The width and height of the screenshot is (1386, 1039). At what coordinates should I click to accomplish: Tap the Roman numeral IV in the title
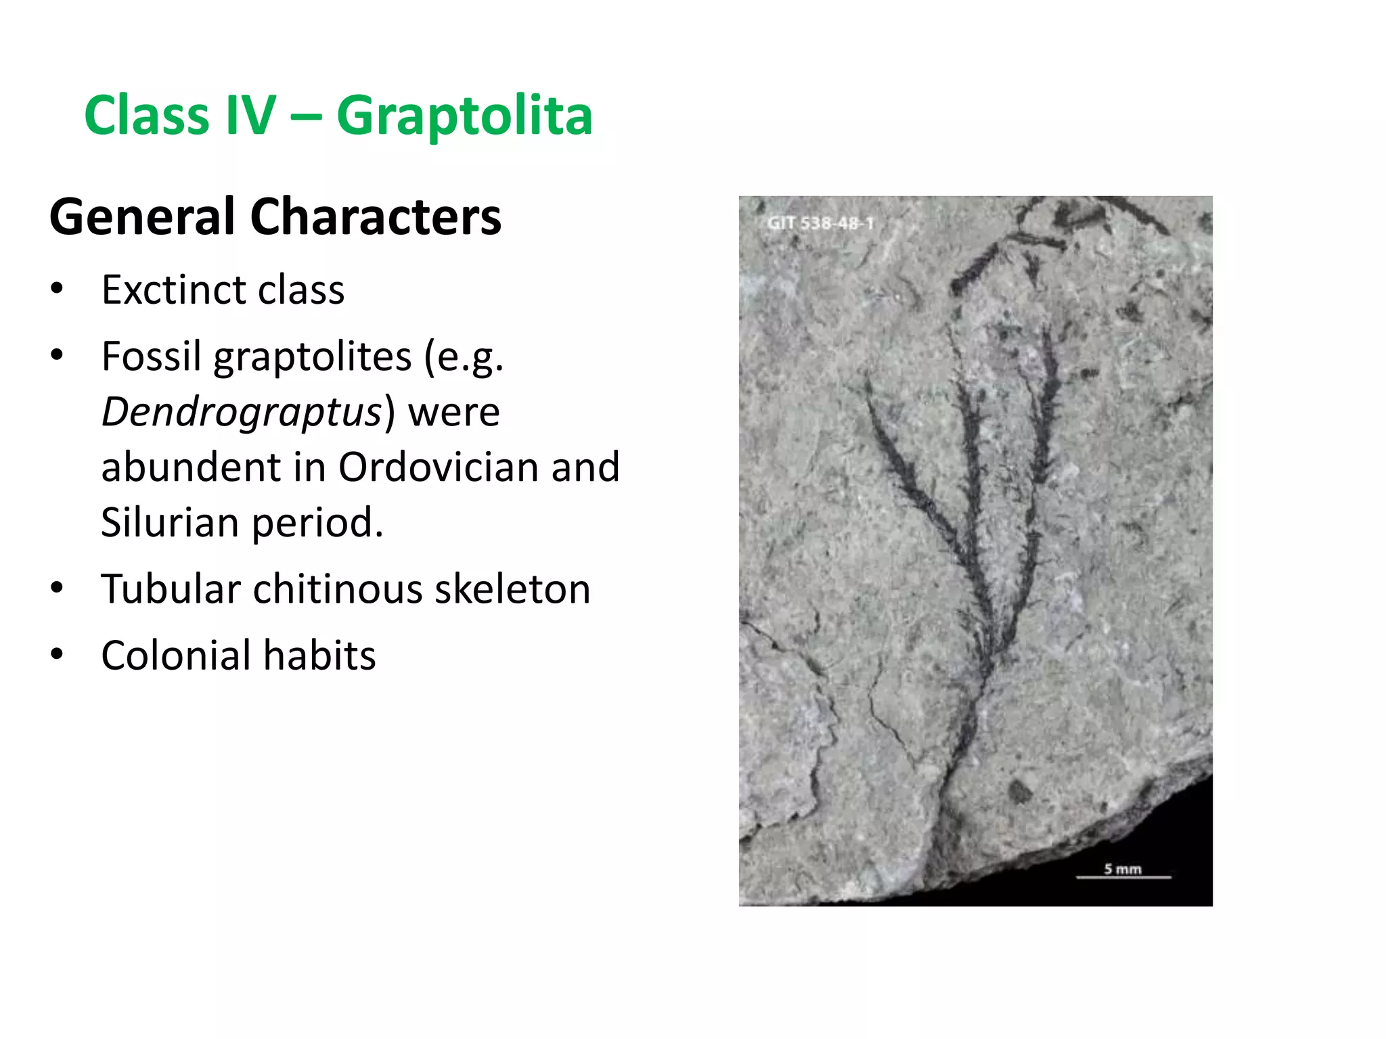[250, 115]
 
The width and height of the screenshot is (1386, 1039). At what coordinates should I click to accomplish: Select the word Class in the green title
[146, 115]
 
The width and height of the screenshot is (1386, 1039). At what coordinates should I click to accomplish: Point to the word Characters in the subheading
[376, 217]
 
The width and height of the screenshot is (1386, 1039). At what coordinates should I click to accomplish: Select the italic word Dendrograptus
[242, 412]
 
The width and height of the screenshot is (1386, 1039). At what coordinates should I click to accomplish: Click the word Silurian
[169, 522]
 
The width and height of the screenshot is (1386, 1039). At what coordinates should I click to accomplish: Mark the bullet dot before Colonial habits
[57, 655]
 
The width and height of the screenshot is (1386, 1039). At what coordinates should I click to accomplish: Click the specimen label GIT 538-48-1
[820, 223]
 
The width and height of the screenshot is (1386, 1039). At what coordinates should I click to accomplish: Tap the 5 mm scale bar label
[1123, 869]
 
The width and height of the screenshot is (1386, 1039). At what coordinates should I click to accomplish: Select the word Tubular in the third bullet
[171, 588]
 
